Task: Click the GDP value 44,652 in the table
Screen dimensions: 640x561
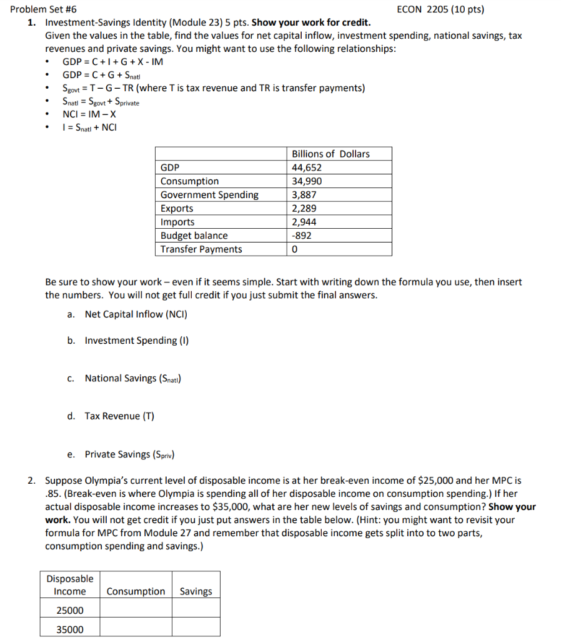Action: pos(307,167)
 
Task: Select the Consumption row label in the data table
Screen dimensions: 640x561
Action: pos(189,181)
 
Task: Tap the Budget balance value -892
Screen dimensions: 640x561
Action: pos(302,236)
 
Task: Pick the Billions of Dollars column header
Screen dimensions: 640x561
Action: pos(330,154)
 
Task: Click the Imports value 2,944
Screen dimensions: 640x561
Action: pos(304,222)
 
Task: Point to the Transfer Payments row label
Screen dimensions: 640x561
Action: pos(201,249)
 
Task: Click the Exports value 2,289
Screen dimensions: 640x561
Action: pos(304,208)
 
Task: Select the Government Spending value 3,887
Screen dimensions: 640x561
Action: pos(304,195)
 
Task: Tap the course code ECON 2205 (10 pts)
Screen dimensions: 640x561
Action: pos(440,9)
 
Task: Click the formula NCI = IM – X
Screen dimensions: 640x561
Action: pos(89,114)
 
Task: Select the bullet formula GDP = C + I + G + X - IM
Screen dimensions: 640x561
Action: pos(113,61)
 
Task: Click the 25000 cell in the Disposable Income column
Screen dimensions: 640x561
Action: pos(70,610)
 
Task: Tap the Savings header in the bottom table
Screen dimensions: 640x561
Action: pos(196,591)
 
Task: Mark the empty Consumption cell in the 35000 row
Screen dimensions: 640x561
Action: pos(136,629)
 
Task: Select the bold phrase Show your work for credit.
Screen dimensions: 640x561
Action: pos(311,22)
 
